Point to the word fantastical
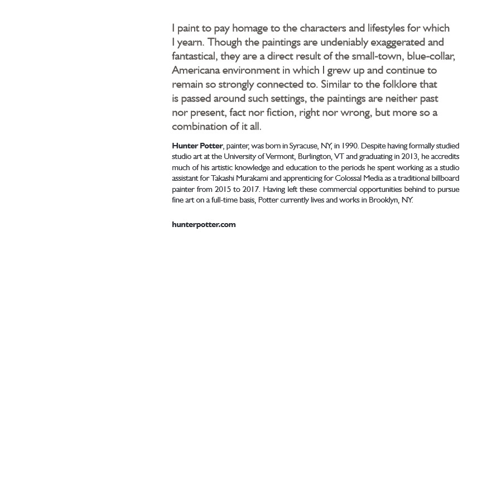pyautogui.click(x=194, y=56)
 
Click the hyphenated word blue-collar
pyautogui.click(x=431, y=56)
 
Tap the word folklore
pyautogui.click(x=404, y=84)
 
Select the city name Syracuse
pyautogui.click(x=303, y=146)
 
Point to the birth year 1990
pyautogui.click(x=350, y=146)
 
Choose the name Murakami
pyautogui.click(x=252, y=179)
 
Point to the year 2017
pyautogui.click(x=251, y=190)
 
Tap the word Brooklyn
pyautogui.click(x=383, y=200)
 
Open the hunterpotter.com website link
pyautogui.click(x=204, y=225)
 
